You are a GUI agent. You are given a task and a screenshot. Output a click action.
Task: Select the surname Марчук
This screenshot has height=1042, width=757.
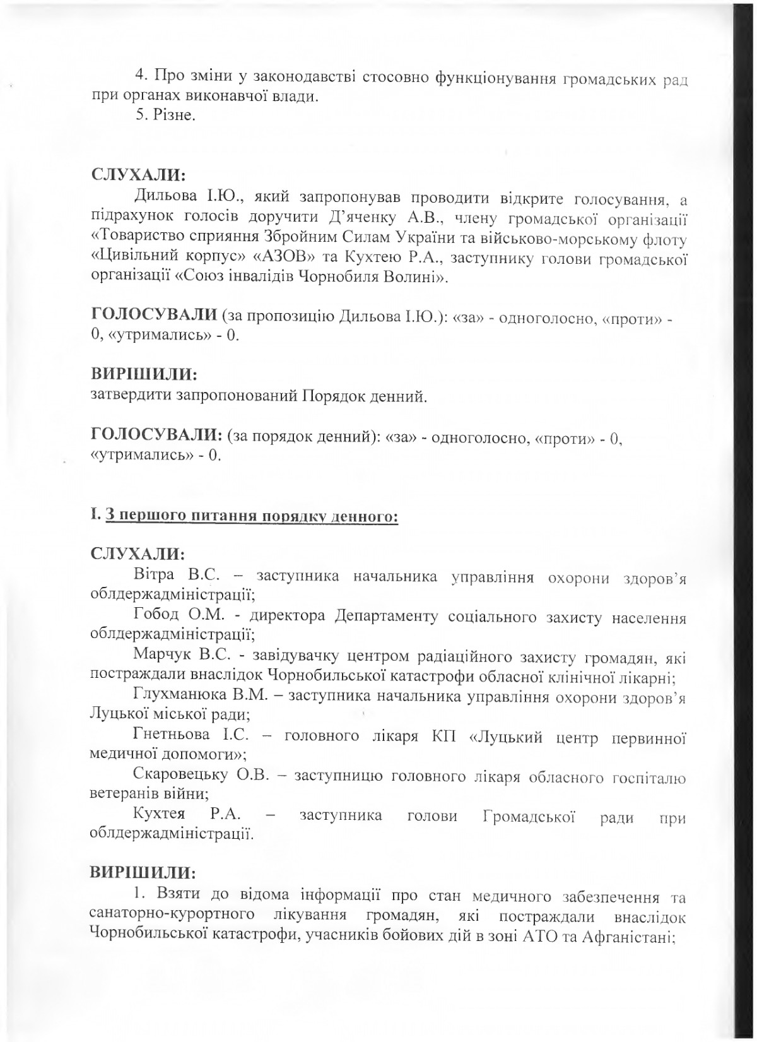pyautogui.click(x=160, y=659)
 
